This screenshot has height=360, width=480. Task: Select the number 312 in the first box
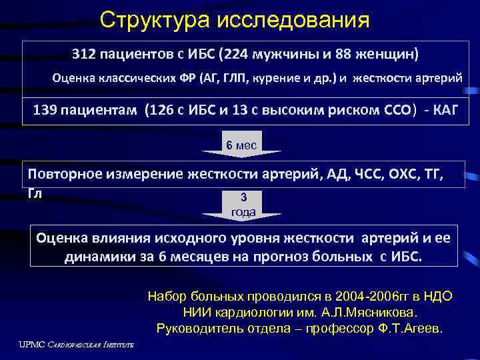87,53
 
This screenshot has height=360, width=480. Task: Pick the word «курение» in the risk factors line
274,77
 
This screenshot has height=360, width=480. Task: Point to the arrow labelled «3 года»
243,206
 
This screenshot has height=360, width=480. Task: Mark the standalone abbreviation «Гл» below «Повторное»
35,193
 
